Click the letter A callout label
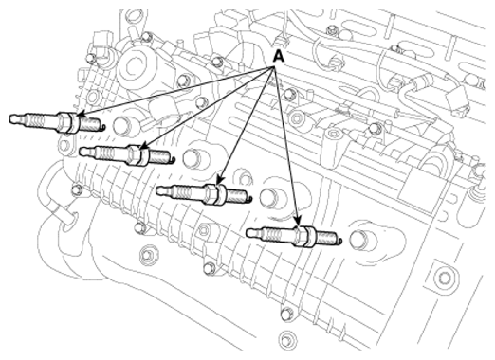click(278, 57)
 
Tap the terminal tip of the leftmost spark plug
click(13, 118)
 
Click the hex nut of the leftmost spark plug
click(64, 122)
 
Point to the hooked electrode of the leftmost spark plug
click(102, 127)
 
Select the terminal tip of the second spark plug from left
click(83, 152)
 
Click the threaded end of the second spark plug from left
click(159, 156)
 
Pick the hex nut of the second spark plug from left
click(134, 154)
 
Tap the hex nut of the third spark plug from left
click(211, 193)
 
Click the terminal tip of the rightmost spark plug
click(251, 233)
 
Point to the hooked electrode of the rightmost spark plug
click(339, 241)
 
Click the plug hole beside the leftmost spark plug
click(122, 125)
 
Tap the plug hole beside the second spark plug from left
click(193, 157)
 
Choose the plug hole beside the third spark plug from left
click(269, 197)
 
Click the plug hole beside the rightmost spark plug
click(360, 240)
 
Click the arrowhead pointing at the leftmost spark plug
click(81, 114)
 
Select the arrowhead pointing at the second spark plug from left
click(143, 146)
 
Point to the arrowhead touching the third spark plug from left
click(220, 181)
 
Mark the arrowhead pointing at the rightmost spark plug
click(298, 221)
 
